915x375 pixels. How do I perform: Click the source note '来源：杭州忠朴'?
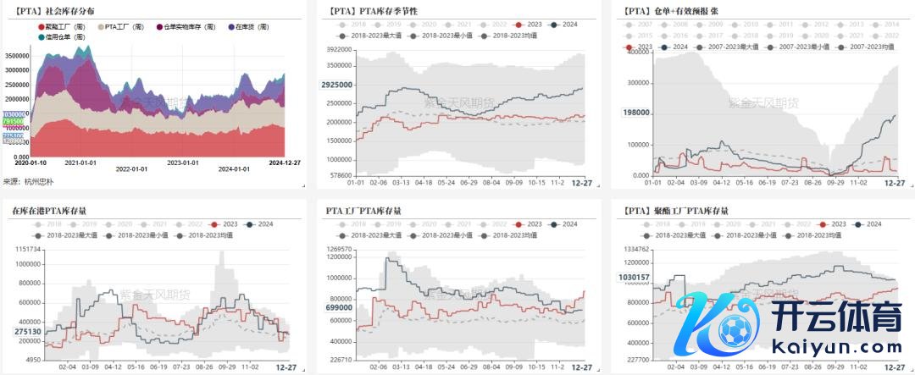(29, 181)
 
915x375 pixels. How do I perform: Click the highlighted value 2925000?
(336, 85)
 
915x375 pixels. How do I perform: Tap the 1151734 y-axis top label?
(26, 250)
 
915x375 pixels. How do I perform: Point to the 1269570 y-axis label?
(341, 250)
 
